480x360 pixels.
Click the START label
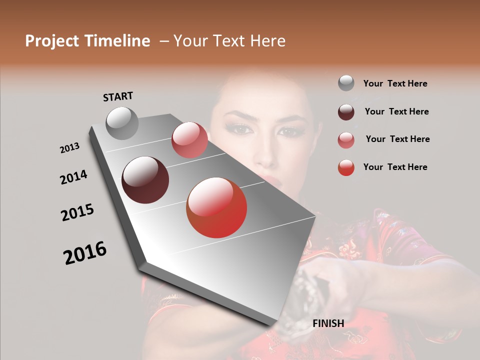point(118,96)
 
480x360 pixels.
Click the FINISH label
point(328,323)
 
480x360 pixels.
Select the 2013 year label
point(69,148)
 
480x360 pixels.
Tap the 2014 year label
point(73,177)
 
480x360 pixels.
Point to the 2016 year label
point(85,252)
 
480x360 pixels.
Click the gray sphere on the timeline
point(122,123)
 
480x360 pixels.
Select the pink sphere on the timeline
point(189,140)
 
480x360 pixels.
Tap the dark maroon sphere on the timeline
point(145,180)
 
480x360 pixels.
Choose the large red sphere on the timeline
point(216,207)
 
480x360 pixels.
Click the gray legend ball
point(346,83)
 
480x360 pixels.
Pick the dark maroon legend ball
point(346,112)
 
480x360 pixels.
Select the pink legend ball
point(346,140)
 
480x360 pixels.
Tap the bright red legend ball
point(346,167)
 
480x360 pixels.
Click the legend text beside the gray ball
point(395,83)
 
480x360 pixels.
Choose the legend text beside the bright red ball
point(395,167)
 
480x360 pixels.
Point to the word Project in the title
point(52,41)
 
